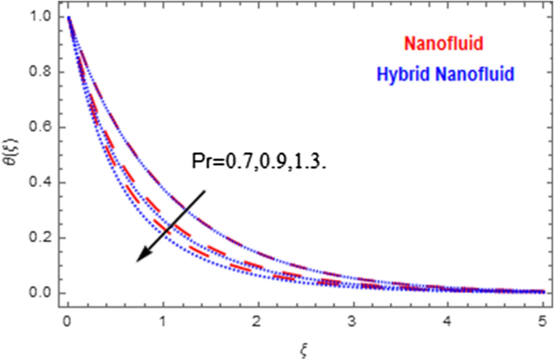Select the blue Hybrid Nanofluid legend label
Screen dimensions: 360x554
coord(446,74)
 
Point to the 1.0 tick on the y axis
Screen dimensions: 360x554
coord(40,17)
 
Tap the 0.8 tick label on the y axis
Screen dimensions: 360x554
coord(40,72)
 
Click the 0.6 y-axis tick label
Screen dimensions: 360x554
coord(40,127)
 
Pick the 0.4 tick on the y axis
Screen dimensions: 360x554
coord(40,183)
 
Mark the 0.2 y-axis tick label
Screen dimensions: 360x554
coord(40,238)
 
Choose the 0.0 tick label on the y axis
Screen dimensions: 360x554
coord(40,293)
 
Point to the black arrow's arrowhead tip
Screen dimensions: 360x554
coord(137,261)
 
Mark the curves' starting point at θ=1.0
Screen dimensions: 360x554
coord(70,17)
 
